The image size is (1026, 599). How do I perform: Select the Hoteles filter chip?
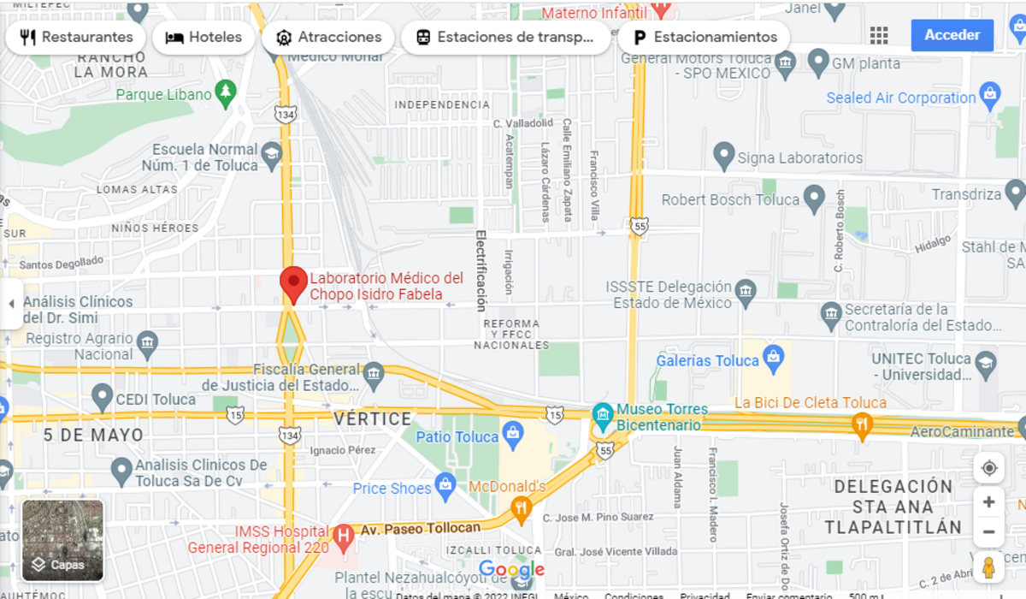tap(203, 38)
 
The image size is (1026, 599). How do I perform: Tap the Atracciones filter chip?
tap(328, 38)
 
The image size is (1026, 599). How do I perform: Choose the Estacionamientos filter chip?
tap(705, 38)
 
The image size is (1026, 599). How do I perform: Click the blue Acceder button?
tap(952, 35)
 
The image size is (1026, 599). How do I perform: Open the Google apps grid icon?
tap(879, 35)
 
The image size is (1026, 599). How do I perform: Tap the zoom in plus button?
tap(988, 502)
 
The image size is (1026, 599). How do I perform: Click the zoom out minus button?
tap(988, 532)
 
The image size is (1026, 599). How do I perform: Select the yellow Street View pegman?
tap(988, 568)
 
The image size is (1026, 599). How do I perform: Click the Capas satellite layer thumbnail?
tap(62, 539)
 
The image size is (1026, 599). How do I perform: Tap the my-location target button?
tap(988, 468)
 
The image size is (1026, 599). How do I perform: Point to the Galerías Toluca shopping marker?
tap(773, 358)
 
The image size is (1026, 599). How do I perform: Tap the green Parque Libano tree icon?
tap(226, 92)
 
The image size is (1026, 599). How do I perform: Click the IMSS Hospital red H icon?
tap(343, 537)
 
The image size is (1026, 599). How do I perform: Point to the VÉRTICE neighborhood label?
tap(372, 418)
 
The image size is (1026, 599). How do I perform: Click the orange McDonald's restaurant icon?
tap(521, 511)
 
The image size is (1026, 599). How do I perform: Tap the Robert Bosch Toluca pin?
tap(814, 199)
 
